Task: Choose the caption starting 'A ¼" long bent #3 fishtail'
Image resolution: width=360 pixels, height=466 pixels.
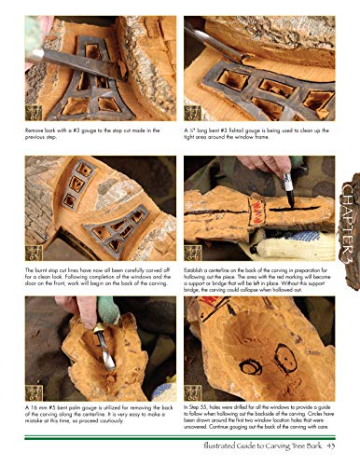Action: click(x=252, y=142)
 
